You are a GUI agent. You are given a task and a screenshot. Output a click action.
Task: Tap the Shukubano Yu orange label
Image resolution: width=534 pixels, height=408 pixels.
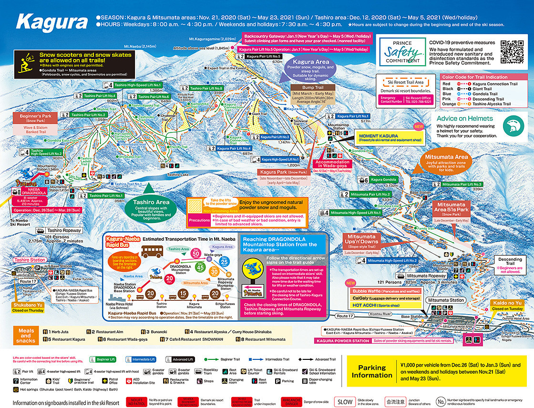(18, 305)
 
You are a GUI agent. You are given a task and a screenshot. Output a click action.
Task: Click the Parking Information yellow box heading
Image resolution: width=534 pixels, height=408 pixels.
(371, 371)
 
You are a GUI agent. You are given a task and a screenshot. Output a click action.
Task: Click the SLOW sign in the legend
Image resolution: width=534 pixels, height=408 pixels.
(345, 402)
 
